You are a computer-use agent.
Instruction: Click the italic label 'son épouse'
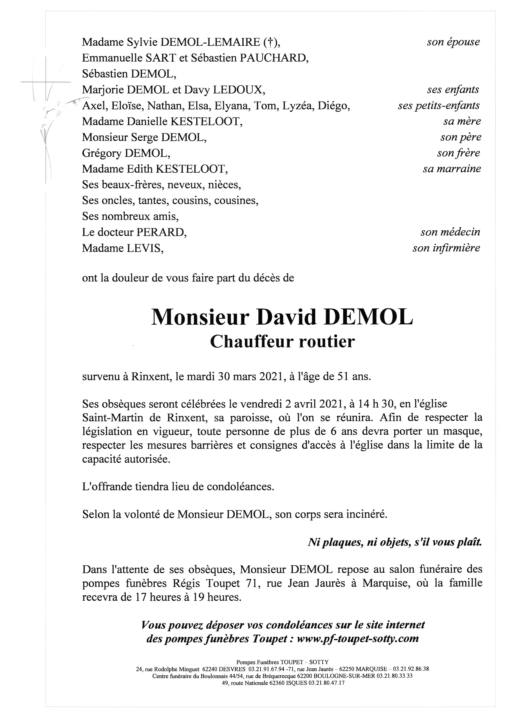453,42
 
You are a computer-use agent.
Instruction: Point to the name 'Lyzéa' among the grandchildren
297,106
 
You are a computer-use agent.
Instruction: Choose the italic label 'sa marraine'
452,169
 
